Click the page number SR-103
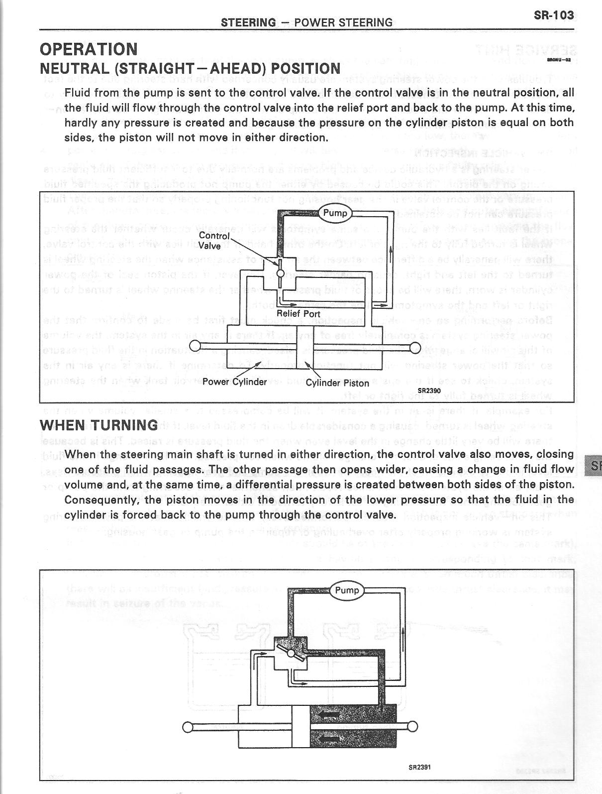pyautogui.click(x=553, y=15)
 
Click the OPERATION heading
pyautogui.click(x=89, y=49)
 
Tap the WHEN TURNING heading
pyautogui.click(x=99, y=425)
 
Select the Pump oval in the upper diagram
pyautogui.click(x=335, y=213)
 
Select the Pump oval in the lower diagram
pyautogui.click(x=347, y=590)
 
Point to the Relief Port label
pyautogui.click(x=298, y=314)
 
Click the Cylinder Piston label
pyautogui.click(x=337, y=383)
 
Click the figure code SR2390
pyautogui.click(x=429, y=391)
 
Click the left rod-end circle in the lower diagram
pyautogui.click(x=188, y=726)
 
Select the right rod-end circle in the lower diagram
pyautogui.click(x=411, y=726)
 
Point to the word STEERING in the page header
pyautogui.click(x=248, y=22)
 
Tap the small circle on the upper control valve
pyautogui.click(x=280, y=272)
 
